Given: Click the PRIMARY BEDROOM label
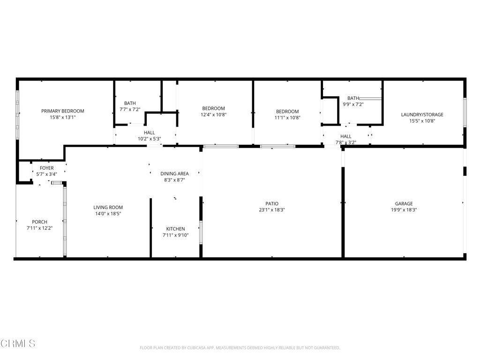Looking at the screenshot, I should point(62,111).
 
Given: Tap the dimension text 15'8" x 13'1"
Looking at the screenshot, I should point(62,118).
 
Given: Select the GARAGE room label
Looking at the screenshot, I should point(404,203).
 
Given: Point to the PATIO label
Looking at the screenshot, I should point(272,203).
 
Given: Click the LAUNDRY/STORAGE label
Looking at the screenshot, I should point(422,114).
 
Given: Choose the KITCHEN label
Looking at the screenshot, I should point(175,229).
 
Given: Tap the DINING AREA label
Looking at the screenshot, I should point(174,173).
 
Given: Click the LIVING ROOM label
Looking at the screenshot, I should point(108,207).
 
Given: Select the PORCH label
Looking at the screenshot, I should point(39,222).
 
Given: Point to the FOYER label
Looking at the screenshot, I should point(46,168).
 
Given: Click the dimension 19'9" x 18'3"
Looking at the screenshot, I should point(404,210).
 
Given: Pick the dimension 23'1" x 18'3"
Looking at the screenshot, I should point(272,210).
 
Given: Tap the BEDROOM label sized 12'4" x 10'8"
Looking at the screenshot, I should point(213,108).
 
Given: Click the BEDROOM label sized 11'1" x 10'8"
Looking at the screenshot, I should point(287,112).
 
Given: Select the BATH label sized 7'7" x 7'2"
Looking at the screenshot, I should point(130,103).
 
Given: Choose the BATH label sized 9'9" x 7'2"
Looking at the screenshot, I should point(353,98).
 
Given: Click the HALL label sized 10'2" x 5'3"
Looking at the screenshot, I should point(149,133).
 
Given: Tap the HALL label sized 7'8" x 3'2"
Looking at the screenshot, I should point(345,136).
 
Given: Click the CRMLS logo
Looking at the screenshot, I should point(18,344).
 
